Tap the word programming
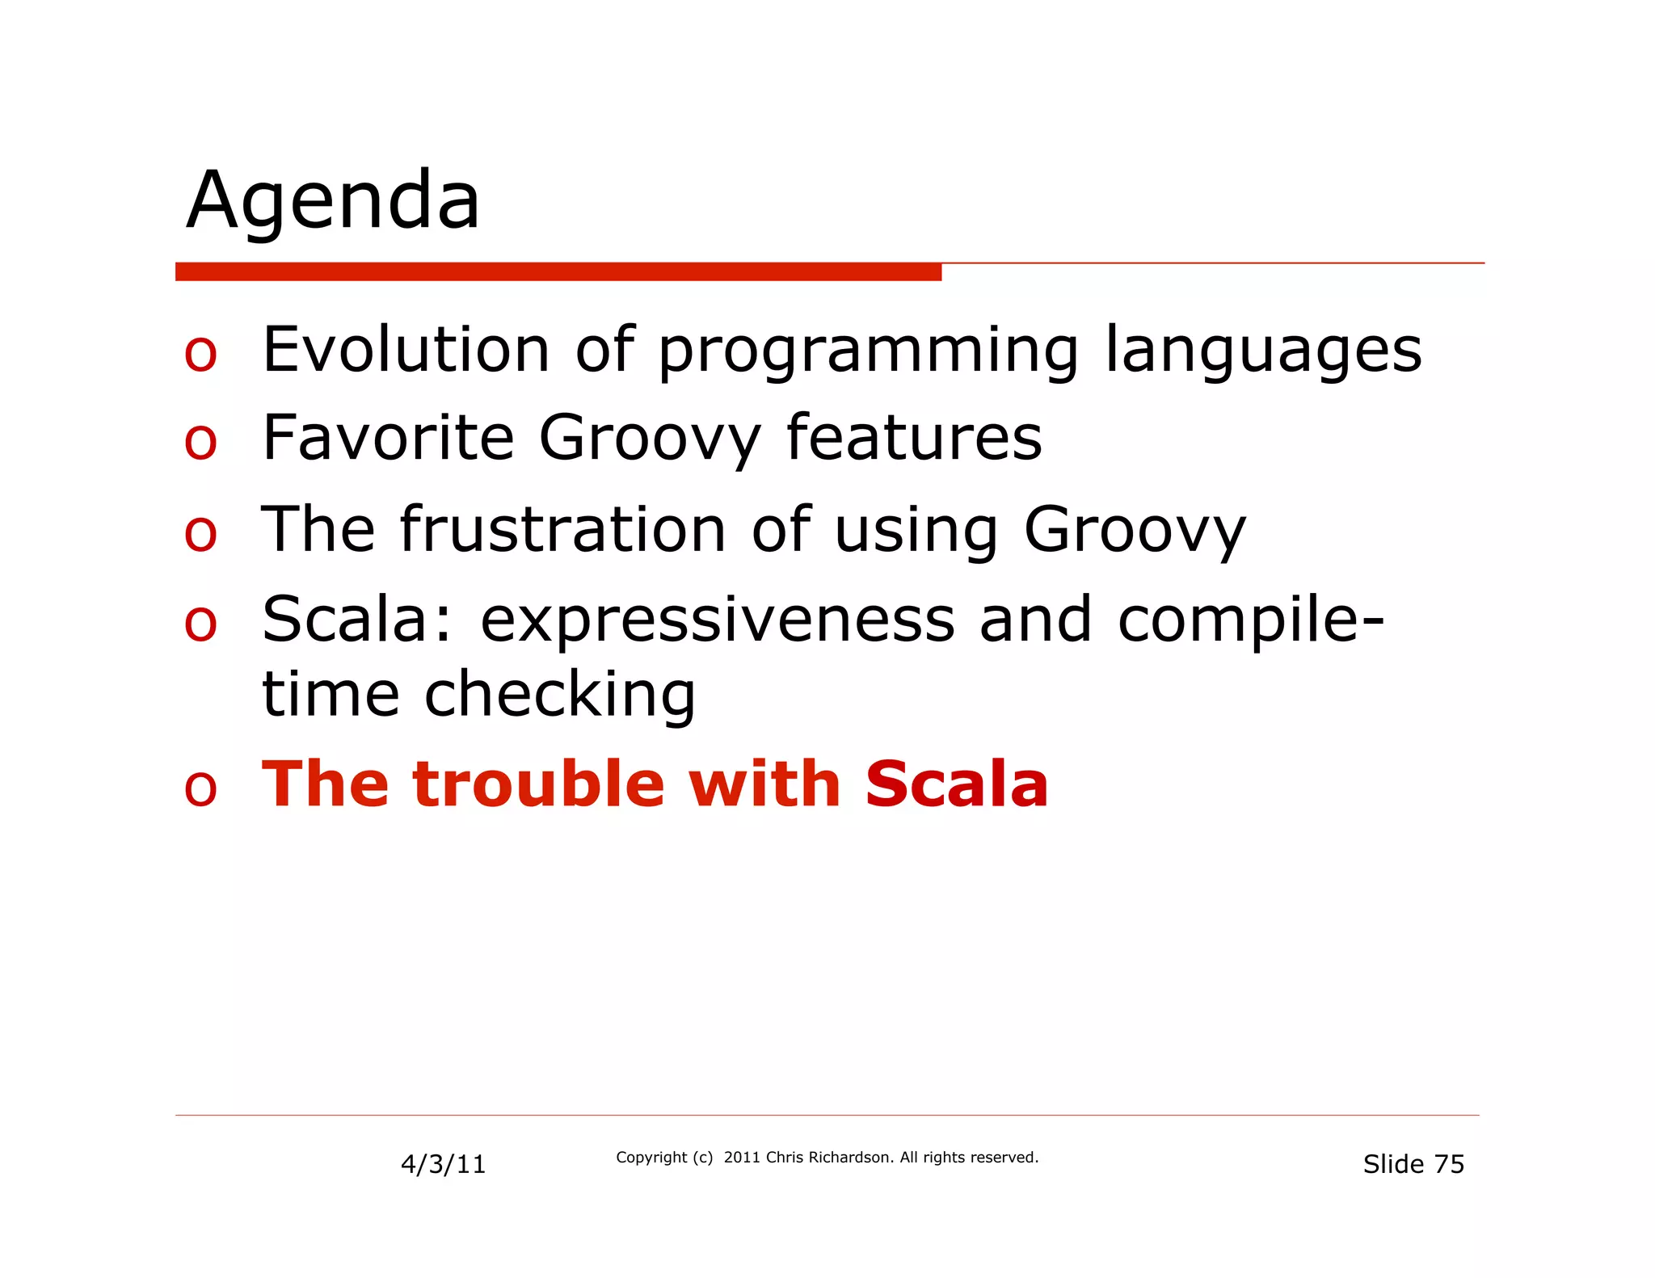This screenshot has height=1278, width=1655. coord(868,351)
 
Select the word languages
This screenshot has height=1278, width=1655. coord(1262,351)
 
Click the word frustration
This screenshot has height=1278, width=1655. coord(563,529)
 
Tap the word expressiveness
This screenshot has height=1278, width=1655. coord(718,620)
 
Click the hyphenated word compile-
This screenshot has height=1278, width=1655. coord(1251,620)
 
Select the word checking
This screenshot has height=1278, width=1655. coord(559,695)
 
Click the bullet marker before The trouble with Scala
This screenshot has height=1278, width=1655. coord(200,788)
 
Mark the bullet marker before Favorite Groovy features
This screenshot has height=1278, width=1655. coord(200,442)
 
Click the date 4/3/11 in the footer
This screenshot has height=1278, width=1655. coord(443,1164)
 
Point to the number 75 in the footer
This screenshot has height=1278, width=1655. coord(1449,1164)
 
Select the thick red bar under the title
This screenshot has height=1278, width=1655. coord(558,271)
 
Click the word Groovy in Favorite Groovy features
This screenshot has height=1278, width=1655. coord(650,439)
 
